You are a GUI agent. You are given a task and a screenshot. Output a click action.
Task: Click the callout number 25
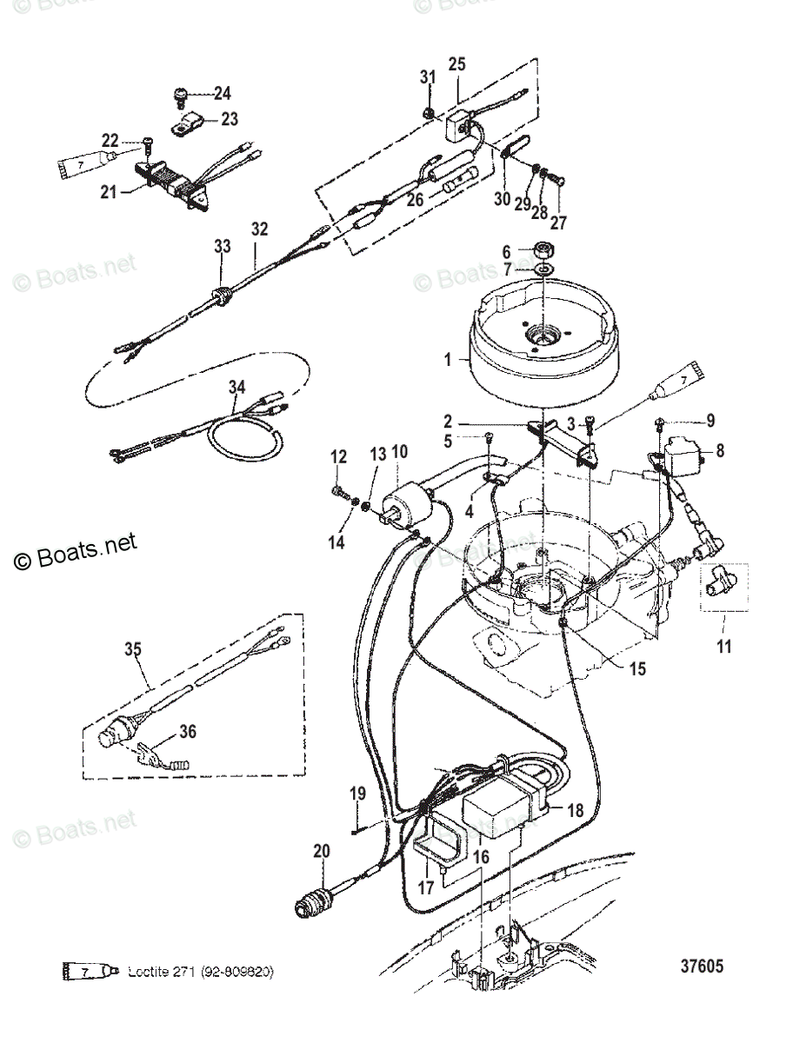coord(456,63)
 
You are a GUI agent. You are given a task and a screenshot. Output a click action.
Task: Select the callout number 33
coord(223,247)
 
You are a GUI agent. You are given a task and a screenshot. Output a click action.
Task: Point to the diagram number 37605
coord(702,967)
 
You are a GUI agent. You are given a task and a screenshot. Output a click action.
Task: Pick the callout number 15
coord(638,670)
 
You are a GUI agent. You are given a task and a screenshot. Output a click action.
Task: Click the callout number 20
coord(322,853)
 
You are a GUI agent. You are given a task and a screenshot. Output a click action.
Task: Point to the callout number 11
coord(724,647)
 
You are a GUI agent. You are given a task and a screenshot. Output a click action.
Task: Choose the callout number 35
coord(132,649)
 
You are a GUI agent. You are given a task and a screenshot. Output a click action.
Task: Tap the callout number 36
coord(187,733)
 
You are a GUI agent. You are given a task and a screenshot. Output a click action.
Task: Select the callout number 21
coord(108,192)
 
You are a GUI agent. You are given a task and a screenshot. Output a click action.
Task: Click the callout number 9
coord(709,422)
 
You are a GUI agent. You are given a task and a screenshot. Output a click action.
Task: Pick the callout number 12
coord(338,455)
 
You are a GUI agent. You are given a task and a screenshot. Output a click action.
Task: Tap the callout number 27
coord(557,223)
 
